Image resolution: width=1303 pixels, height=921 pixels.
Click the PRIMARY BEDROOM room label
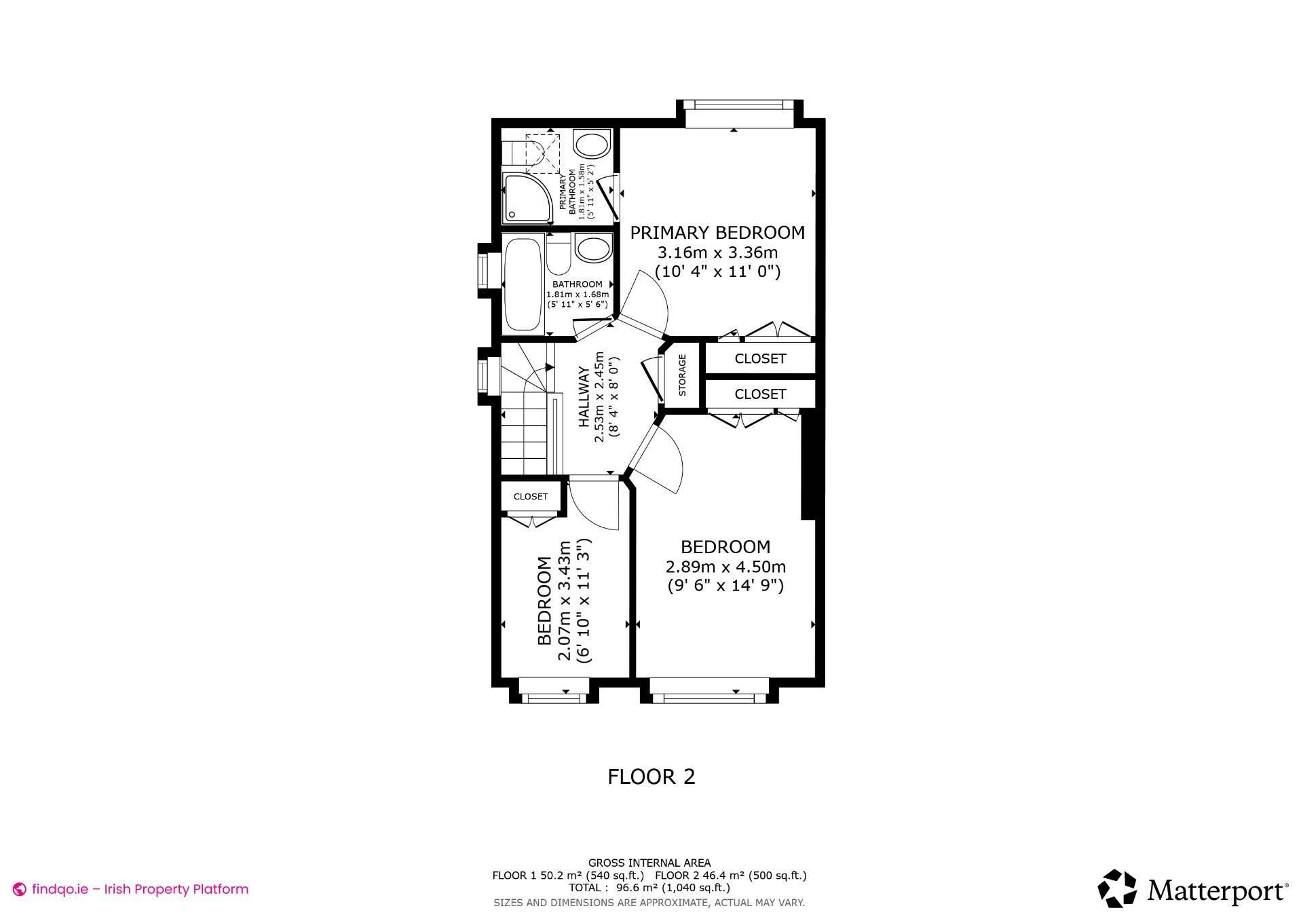pos(717,233)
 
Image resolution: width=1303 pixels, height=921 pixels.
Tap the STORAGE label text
pos(682,375)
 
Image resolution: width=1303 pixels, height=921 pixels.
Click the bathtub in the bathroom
pos(523,284)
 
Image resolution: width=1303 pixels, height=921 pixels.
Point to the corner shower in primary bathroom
pos(527,198)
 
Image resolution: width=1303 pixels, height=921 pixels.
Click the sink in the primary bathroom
pos(592,145)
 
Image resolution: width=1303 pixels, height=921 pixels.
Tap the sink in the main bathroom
pos(593,248)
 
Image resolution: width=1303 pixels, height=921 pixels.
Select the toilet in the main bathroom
pos(559,252)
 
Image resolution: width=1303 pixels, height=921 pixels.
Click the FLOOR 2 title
pos(651,776)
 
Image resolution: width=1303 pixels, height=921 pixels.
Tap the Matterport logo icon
pos(1117,888)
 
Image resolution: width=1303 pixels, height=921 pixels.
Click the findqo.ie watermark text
pos(140,889)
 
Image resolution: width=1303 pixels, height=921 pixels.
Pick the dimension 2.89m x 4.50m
pos(725,566)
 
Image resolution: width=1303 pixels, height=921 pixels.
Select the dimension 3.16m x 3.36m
pos(717,252)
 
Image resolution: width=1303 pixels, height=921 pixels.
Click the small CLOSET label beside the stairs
pos(530,497)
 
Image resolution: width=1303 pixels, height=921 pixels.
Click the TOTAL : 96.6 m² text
pos(649,887)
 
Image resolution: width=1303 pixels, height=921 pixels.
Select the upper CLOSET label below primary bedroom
pos(760,358)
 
